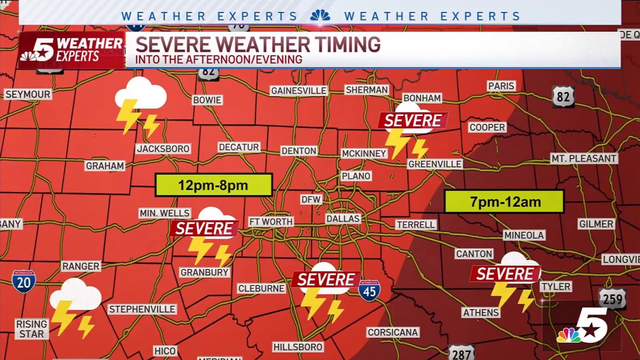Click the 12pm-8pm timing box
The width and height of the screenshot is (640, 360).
(x=214, y=185)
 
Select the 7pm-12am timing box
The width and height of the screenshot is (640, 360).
(x=504, y=202)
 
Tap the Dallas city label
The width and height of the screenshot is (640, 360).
(x=343, y=218)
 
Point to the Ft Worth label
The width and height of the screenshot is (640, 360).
(x=271, y=222)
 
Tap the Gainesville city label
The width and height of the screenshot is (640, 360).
(x=298, y=90)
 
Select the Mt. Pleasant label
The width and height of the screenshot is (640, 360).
(x=583, y=158)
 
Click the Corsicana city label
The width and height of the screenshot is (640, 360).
(x=393, y=332)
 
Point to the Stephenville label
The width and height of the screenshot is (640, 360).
(x=142, y=309)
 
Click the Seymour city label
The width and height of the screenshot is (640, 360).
(x=28, y=94)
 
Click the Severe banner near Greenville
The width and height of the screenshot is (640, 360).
(x=413, y=120)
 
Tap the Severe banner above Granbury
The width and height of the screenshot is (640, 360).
(x=204, y=228)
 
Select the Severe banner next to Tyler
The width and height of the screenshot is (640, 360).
(x=505, y=273)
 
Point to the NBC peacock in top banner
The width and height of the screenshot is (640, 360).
(x=320, y=15)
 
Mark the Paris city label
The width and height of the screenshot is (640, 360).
(x=501, y=86)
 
